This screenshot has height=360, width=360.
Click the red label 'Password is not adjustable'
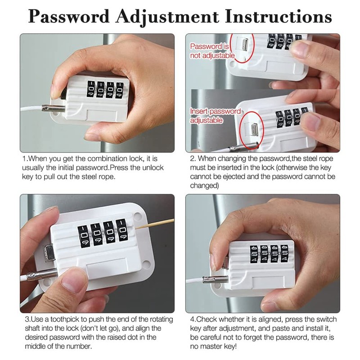pos(210,50)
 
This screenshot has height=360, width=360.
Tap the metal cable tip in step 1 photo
pos(51,108)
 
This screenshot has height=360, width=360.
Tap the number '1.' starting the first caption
pos(25,159)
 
